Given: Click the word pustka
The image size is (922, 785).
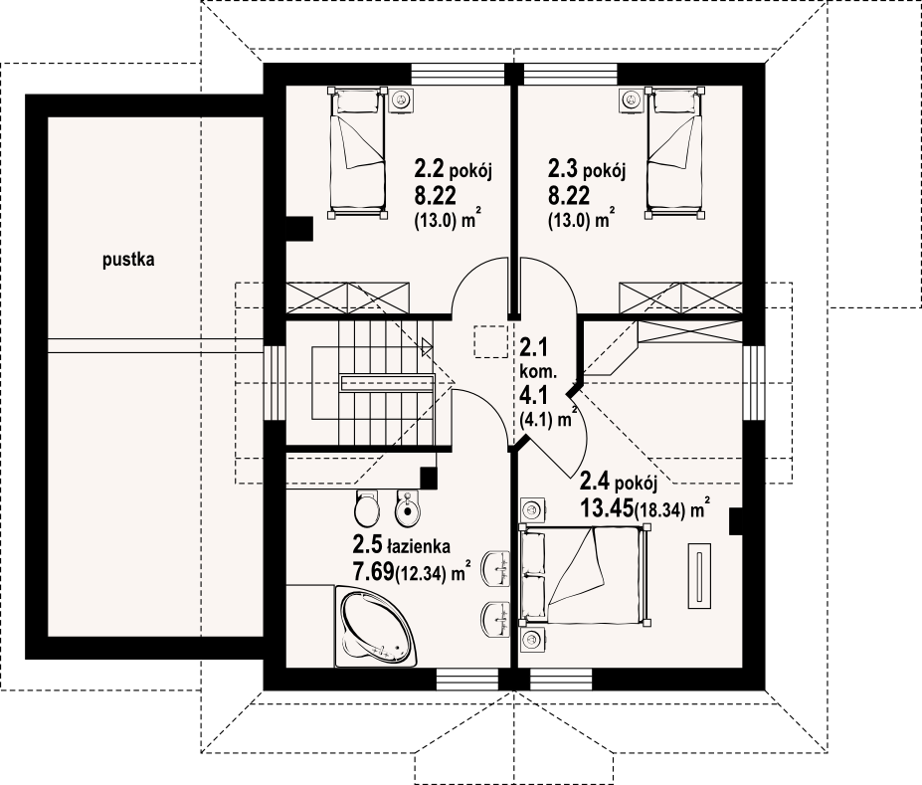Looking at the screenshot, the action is click(128, 260).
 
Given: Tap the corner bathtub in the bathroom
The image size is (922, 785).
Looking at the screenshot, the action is click(376, 626).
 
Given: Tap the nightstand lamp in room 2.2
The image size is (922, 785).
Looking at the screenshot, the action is click(402, 100).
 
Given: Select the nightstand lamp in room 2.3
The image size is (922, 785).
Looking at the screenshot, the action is click(631, 100).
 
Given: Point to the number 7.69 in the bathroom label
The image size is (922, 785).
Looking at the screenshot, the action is click(373, 570).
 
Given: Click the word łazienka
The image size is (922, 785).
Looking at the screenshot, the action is click(418, 546).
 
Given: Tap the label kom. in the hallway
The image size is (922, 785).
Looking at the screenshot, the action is click(538, 372).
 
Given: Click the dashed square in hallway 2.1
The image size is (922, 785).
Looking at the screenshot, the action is click(490, 341).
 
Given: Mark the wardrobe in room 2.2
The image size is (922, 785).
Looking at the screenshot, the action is click(347, 297).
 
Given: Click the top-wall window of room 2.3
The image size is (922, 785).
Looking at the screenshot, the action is click(570, 74).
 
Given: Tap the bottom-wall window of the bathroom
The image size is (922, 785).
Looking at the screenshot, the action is click(466, 680).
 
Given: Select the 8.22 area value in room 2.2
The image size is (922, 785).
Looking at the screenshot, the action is click(436, 196).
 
